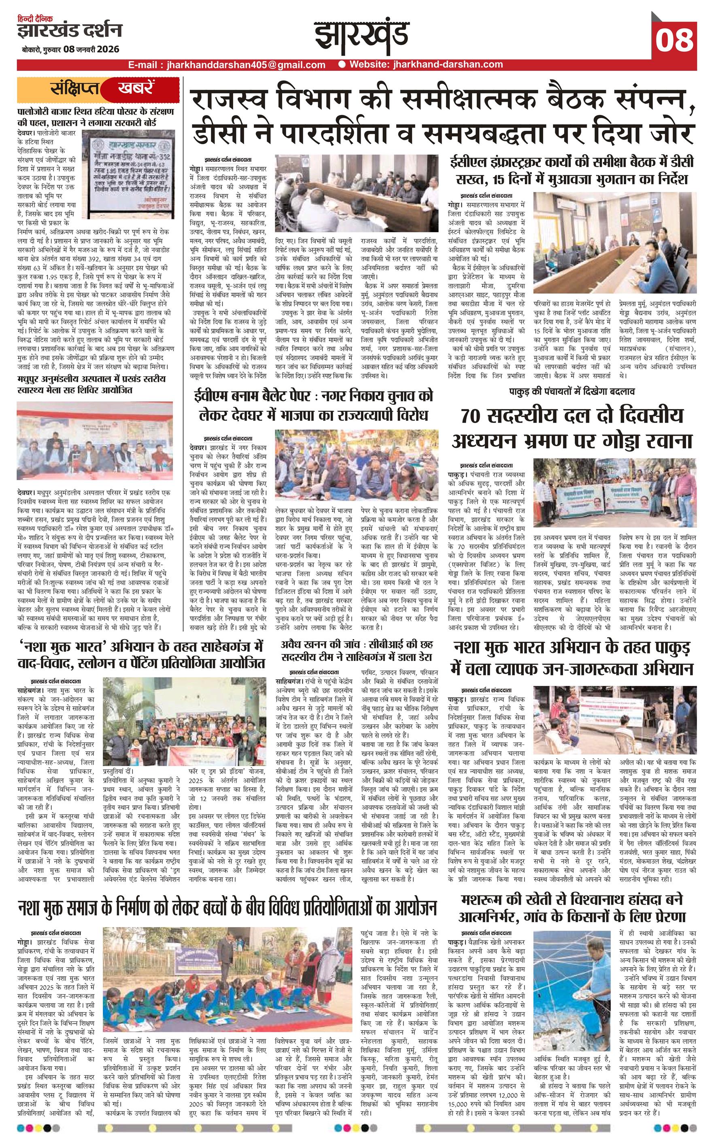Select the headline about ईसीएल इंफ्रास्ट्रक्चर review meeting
tap(572, 171)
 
